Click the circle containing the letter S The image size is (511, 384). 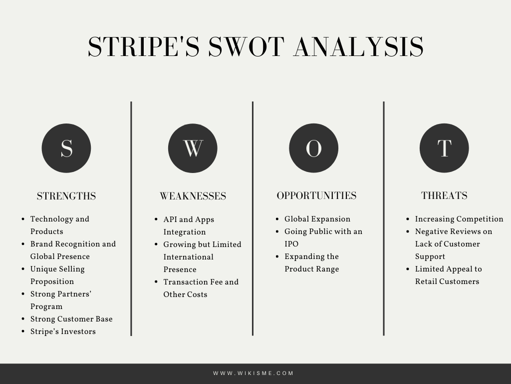[x=66, y=148]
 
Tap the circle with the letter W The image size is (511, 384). [x=193, y=148]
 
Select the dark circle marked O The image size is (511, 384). [x=313, y=148]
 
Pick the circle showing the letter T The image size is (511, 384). [x=444, y=148]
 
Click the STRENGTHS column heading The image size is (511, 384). [x=66, y=196]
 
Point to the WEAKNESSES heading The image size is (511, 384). [x=193, y=196]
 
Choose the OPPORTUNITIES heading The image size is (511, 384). [x=316, y=195]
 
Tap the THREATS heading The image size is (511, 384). [x=444, y=195]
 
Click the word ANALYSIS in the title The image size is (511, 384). [x=358, y=46]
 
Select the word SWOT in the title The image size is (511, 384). [x=247, y=46]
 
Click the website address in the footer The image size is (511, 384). [x=254, y=373]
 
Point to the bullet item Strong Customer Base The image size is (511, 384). [x=71, y=319]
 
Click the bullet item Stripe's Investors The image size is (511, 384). [x=63, y=331]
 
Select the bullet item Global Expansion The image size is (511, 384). [x=317, y=219]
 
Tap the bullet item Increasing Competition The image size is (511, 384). [x=459, y=219]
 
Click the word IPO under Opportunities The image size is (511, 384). [x=291, y=244]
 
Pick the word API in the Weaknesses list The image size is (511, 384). [x=170, y=219]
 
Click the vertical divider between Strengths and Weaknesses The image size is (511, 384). [x=131, y=218]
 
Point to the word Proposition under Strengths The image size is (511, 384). [x=52, y=282]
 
